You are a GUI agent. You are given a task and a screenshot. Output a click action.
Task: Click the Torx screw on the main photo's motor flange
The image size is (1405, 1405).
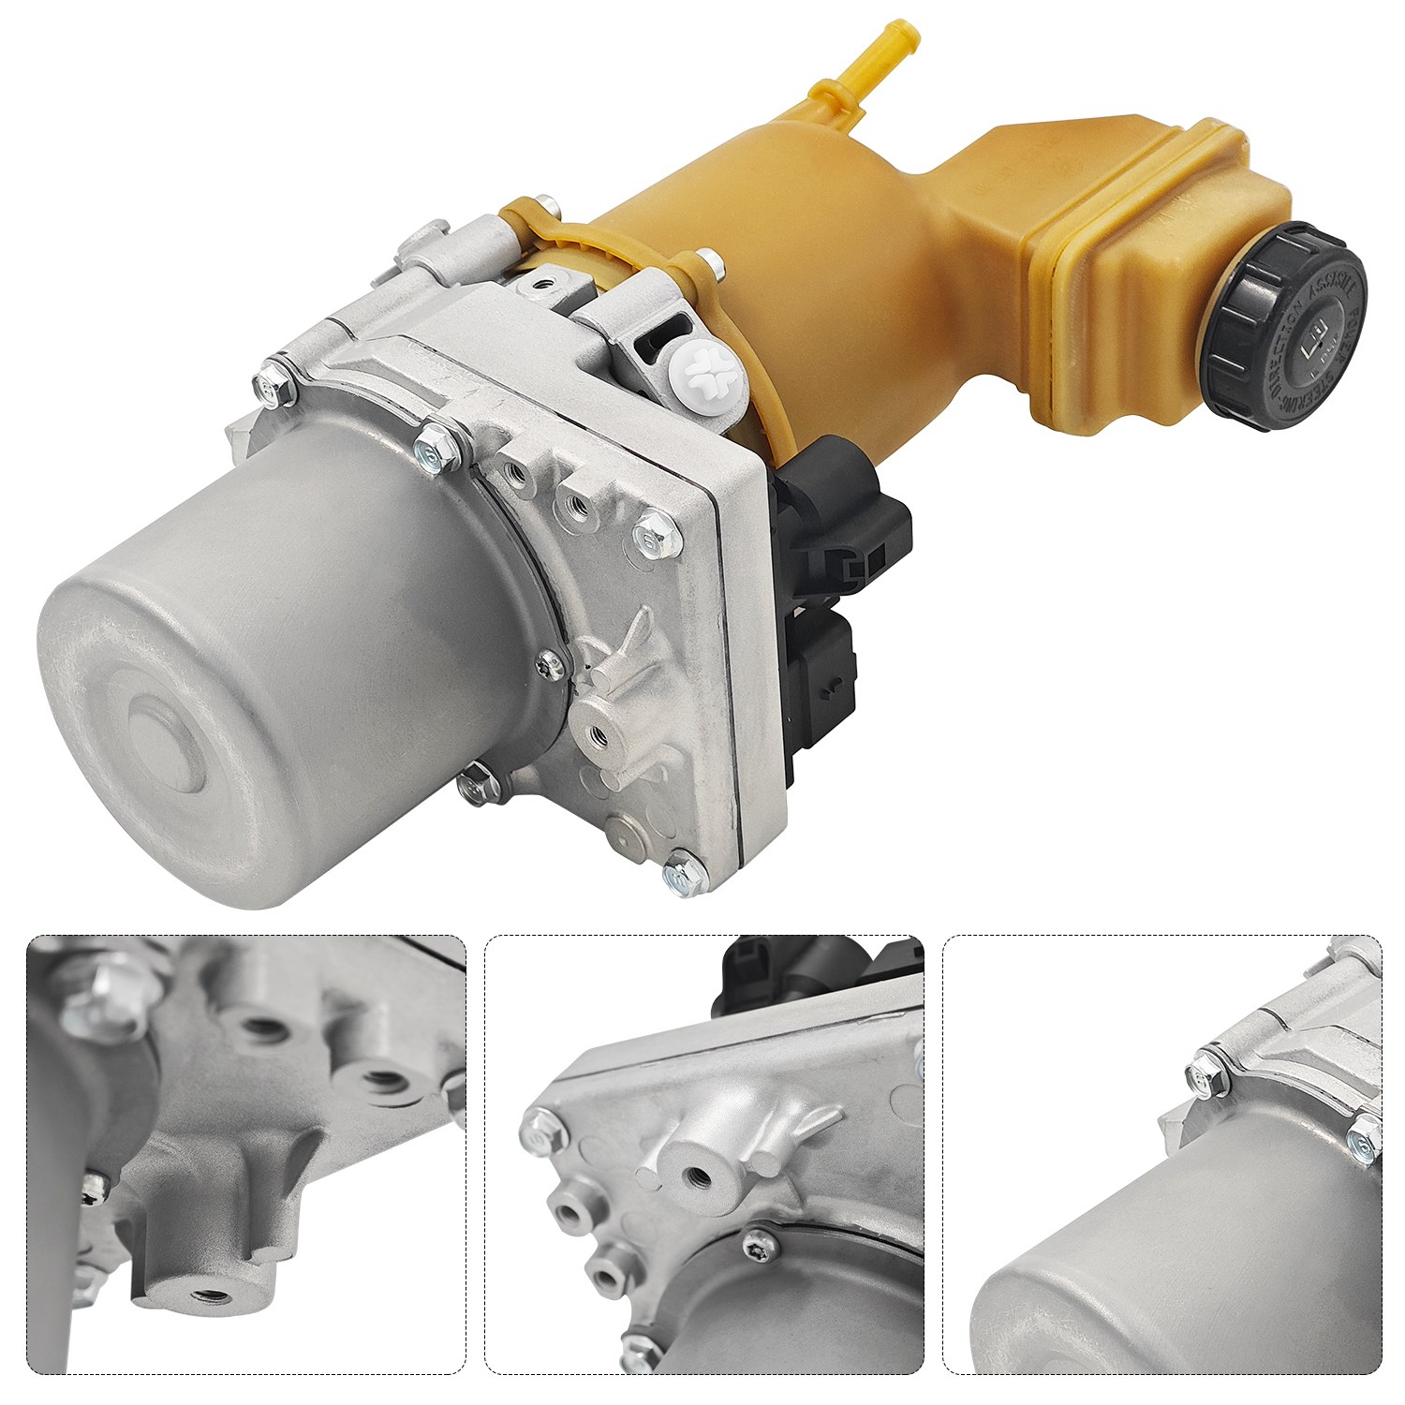pyautogui.click(x=551, y=665)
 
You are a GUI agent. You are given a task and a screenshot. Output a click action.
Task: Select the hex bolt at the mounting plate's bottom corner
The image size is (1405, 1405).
pyautogui.click(x=685, y=876)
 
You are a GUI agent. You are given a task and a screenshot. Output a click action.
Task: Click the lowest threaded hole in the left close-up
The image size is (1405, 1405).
pyautogui.click(x=211, y=1296)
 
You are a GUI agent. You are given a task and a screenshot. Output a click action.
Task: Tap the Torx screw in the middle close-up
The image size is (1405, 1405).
pyautogui.click(x=760, y=1244)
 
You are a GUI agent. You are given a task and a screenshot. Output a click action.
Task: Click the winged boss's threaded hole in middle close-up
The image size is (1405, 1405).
pyautogui.click(x=695, y=1175)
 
